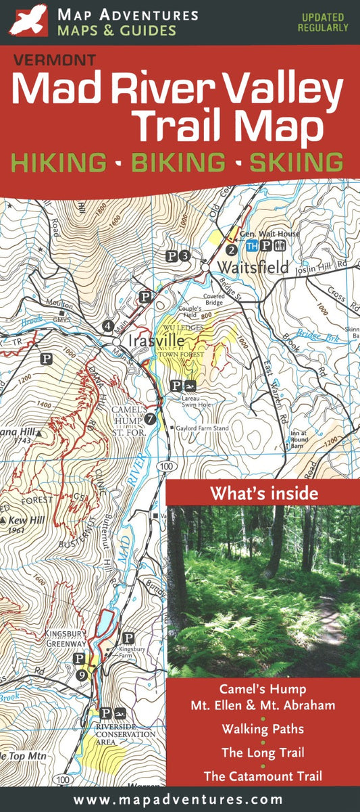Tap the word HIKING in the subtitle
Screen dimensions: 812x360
(59, 163)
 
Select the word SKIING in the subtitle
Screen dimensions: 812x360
(296, 163)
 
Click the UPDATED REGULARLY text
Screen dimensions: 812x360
(323, 22)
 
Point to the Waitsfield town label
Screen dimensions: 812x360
(253, 267)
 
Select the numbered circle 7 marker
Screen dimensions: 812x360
(150, 418)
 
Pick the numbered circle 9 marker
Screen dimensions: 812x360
(82, 674)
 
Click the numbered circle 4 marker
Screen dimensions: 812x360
(108, 326)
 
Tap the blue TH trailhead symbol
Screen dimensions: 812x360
(252, 246)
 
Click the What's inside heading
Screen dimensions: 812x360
(263, 493)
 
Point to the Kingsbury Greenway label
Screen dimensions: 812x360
(66, 638)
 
